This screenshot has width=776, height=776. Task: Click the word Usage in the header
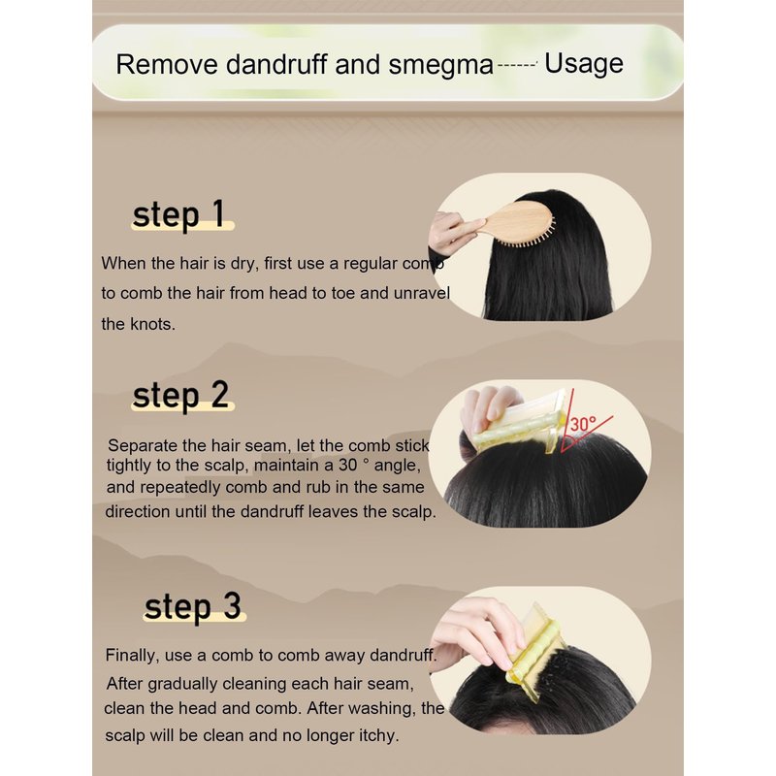click(x=584, y=64)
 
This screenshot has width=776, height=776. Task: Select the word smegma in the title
click(x=441, y=66)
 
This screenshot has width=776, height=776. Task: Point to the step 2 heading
click(x=180, y=395)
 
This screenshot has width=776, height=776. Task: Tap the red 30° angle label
click(x=584, y=424)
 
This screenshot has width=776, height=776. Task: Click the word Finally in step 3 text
click(x=132, y=656)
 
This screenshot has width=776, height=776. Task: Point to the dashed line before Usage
click(x=518, y=64)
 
